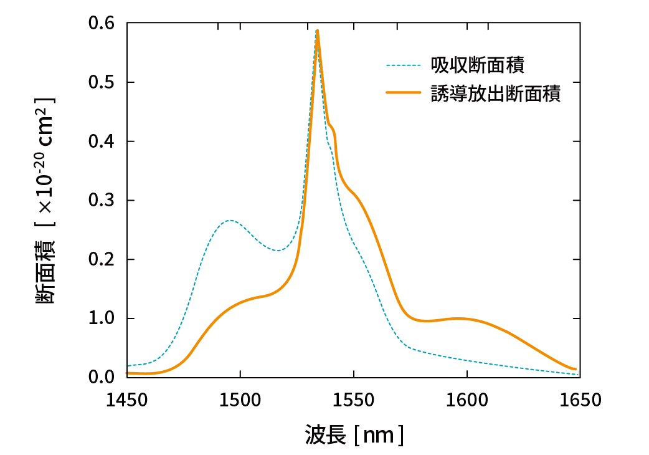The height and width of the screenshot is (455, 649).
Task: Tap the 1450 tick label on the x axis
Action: click(x=127, y=400)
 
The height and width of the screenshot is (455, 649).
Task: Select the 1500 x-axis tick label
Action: click(x=240, y=400)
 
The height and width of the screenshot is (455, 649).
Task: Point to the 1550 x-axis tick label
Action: click(x=354, y=400)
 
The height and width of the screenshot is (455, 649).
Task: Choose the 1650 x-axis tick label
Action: click(x=580, y=400)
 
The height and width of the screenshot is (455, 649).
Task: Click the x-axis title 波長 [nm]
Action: click(x=354, y=435)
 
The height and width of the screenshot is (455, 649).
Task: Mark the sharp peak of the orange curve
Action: click(x=318, y=31)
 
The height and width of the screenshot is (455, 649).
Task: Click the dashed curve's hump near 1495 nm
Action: click(x=230, y=220)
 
